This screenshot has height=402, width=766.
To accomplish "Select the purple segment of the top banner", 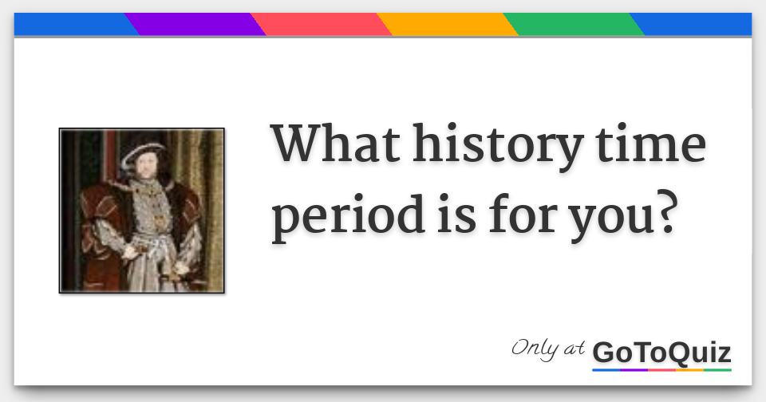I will click(x=195, y=25).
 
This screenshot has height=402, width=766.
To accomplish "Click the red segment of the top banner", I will click(x=323, y=25).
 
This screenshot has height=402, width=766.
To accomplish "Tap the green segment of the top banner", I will click(x=574, y=25).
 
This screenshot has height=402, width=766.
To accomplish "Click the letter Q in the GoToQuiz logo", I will click(x=673, y=352).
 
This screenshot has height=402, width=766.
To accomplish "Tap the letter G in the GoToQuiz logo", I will click(x=605, y=352).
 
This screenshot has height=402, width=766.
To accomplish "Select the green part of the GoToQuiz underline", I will click(x=717, y=370).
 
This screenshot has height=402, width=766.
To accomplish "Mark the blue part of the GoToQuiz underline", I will click(x=606, y=370).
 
